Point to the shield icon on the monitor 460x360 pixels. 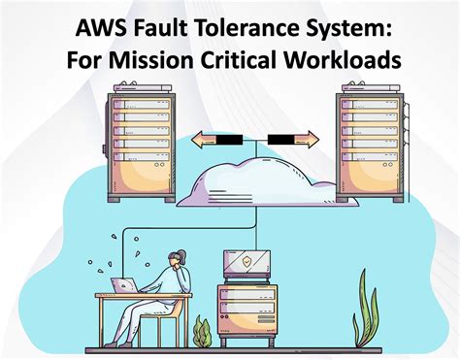246,262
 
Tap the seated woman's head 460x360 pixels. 179,259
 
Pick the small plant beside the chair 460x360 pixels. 202,333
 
